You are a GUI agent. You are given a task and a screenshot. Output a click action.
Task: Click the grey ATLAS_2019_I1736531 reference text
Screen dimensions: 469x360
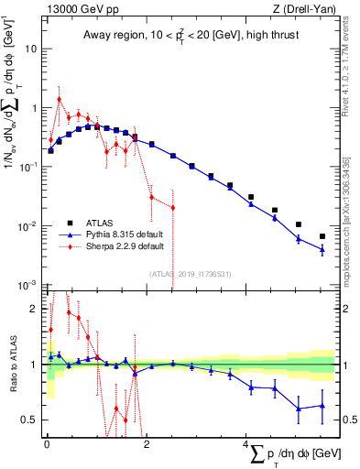[x=191, y=274]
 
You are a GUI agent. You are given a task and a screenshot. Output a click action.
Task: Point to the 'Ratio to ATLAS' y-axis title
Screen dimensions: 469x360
[x=12, y=366]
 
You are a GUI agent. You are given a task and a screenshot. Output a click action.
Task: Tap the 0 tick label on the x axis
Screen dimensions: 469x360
[x=47, y=443]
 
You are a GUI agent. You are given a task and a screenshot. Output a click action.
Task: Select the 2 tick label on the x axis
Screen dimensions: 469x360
[x=147, y=443]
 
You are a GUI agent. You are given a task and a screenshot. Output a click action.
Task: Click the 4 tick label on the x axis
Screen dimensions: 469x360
[x=245, y=443]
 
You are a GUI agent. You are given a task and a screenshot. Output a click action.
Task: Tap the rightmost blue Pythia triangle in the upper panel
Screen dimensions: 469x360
[x=322, y=249]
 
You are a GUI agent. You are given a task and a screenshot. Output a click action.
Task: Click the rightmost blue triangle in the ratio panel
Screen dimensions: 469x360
[x=322, y=406]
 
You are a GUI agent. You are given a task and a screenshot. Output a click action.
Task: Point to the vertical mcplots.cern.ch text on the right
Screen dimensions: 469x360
[x=347, y=220]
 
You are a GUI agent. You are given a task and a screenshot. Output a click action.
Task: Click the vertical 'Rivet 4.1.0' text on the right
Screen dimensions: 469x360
[x=347, y=70]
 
